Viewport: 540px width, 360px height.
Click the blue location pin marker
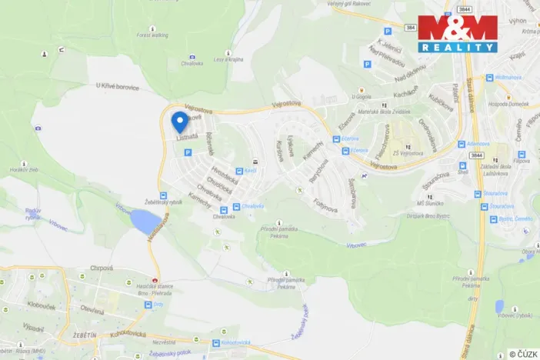click(x=179, y=122)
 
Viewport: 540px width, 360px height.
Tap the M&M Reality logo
click(x=458, y=33)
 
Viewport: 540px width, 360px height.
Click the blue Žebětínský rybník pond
click(x=142, y=223)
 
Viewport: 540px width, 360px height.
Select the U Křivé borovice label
click(x=118, y=87)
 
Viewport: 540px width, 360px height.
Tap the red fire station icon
click(x=155, y=278)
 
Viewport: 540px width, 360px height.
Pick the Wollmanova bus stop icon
click(x=488, y=78)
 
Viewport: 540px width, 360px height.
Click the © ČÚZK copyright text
click(x=523, y=354)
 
